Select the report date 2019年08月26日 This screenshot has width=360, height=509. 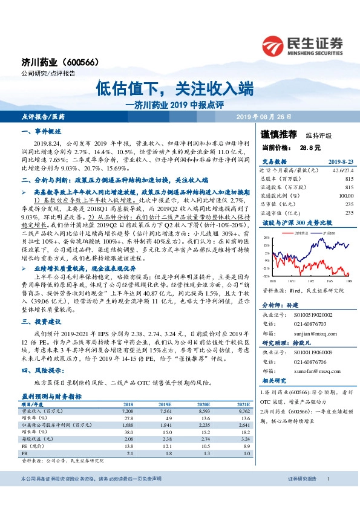(263, 116)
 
